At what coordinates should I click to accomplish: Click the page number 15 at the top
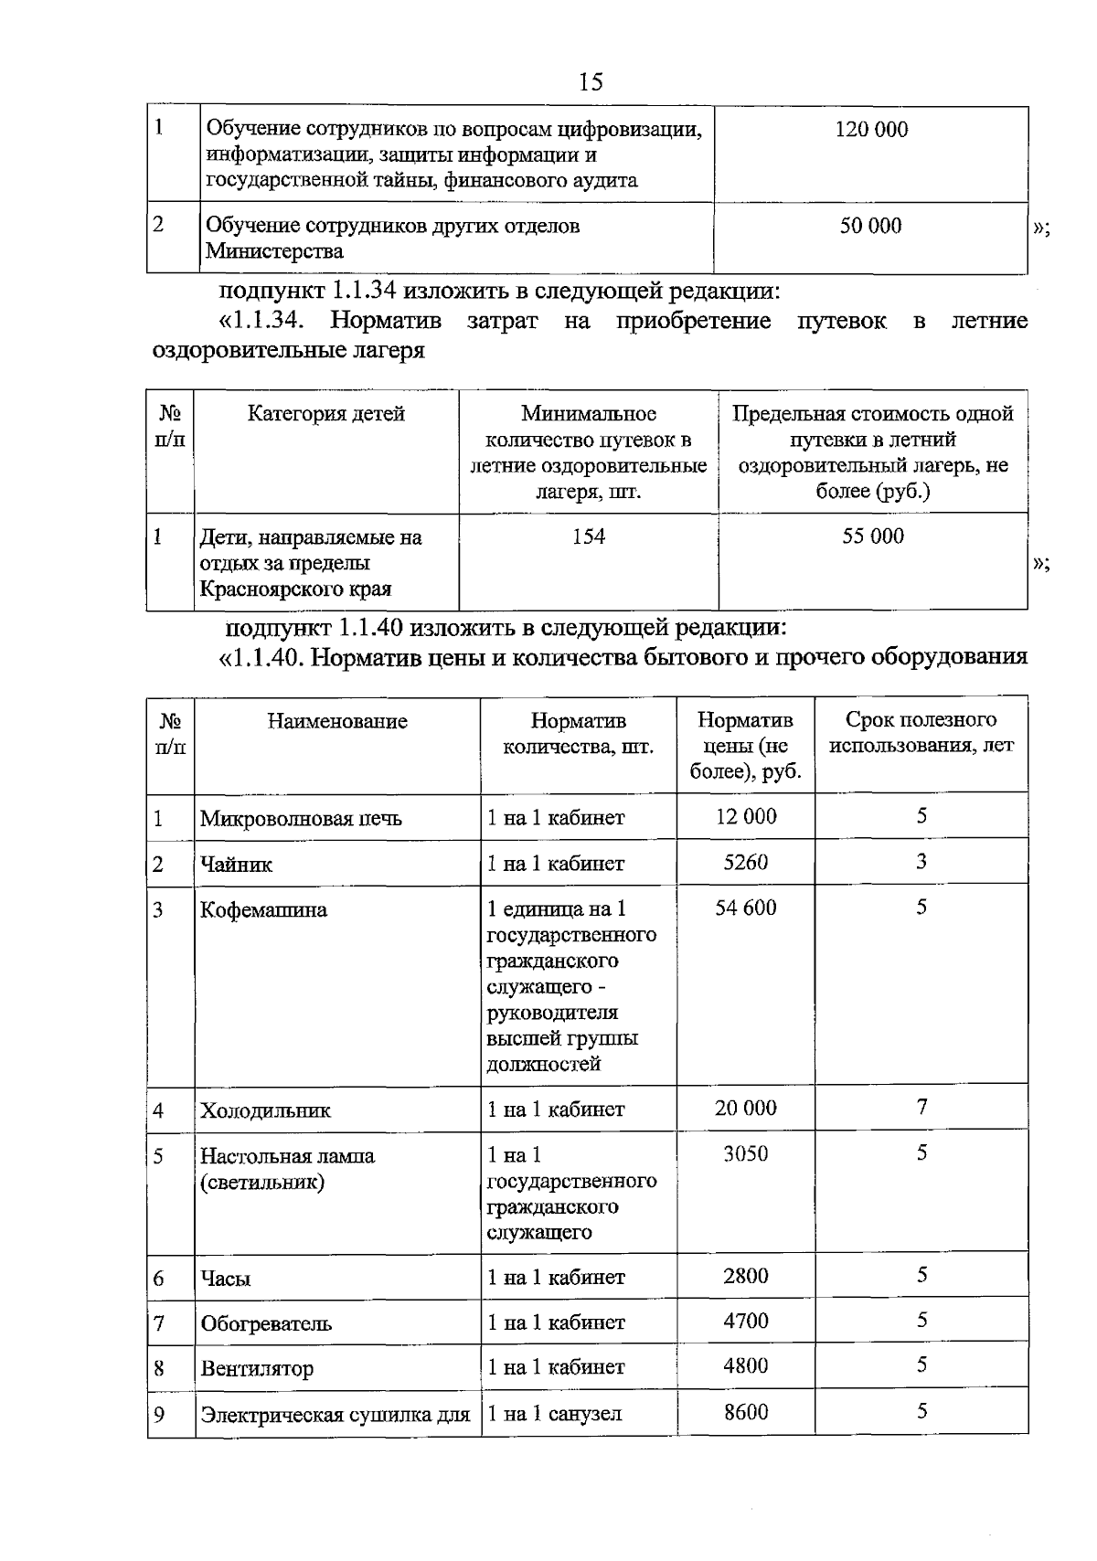591,82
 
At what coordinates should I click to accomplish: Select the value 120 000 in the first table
871,130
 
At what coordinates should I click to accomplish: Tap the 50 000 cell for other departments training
870,226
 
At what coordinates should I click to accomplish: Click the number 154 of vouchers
589,536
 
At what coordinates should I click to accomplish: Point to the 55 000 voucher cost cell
872,536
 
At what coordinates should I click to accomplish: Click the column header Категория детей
326,414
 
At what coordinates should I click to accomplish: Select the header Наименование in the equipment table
337,721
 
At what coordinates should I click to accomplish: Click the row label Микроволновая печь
301,818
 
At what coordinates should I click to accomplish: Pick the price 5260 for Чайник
745,862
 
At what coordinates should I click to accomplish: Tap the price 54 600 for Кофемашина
745,908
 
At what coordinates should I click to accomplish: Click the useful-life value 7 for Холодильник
921,1108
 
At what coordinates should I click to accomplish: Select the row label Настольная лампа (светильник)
287,1169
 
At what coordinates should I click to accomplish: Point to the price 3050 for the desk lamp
745,1153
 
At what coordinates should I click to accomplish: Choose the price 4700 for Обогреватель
745,1322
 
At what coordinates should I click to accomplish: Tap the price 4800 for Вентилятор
745,1366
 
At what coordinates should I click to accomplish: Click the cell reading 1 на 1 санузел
554,1414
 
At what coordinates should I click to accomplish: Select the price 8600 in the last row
745,1412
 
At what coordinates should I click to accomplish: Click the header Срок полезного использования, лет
921,733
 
